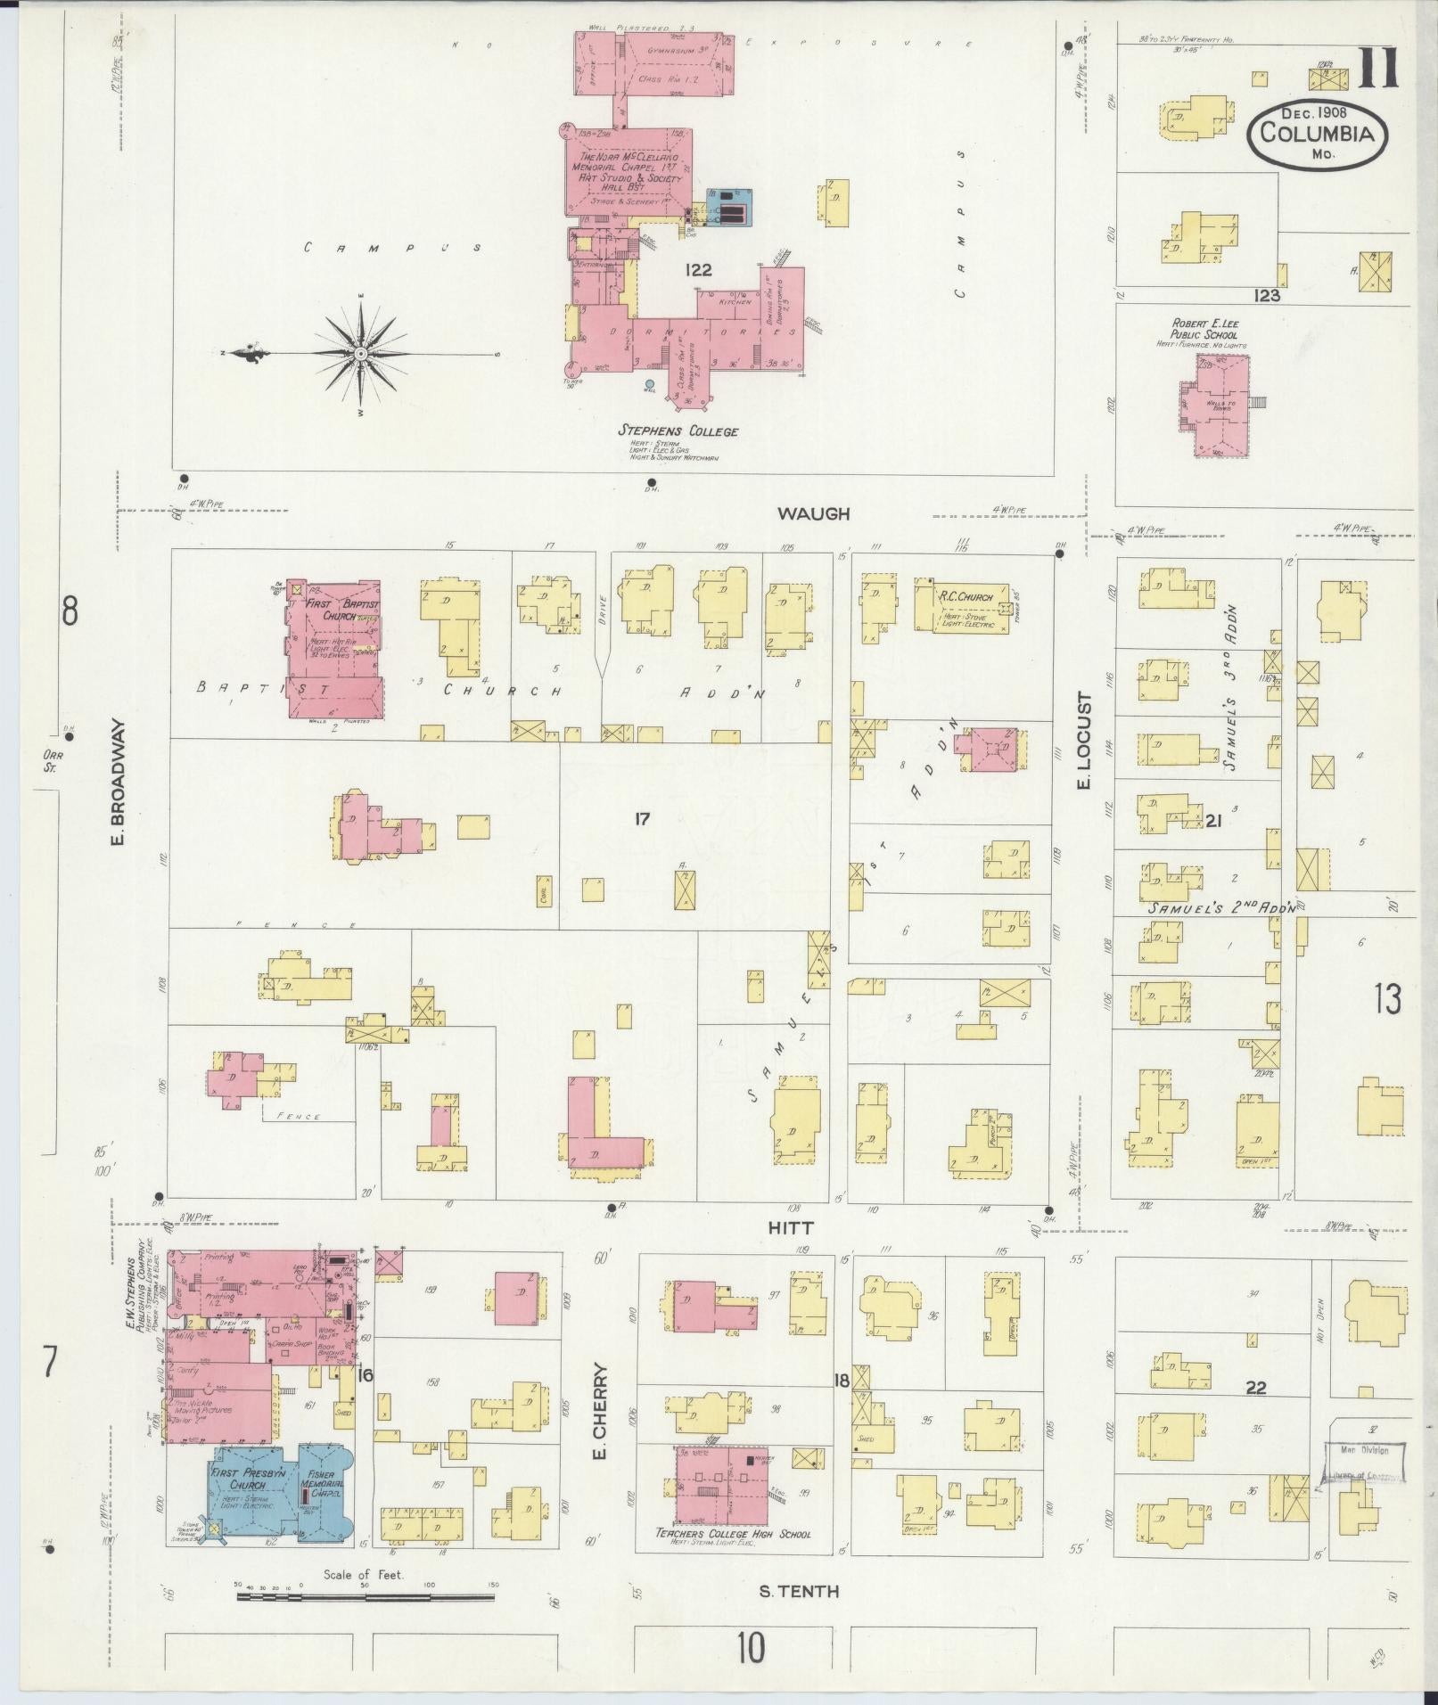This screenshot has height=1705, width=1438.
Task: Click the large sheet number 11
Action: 1378,70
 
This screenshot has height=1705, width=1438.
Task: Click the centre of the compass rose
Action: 361,355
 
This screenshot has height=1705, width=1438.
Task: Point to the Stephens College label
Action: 679,431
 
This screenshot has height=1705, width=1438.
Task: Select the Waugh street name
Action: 813,513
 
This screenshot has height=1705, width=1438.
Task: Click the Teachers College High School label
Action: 733,1534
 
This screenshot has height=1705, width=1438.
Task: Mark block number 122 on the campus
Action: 698,270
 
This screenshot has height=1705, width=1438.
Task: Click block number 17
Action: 642,819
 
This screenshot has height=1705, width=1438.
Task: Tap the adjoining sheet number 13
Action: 1388,999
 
